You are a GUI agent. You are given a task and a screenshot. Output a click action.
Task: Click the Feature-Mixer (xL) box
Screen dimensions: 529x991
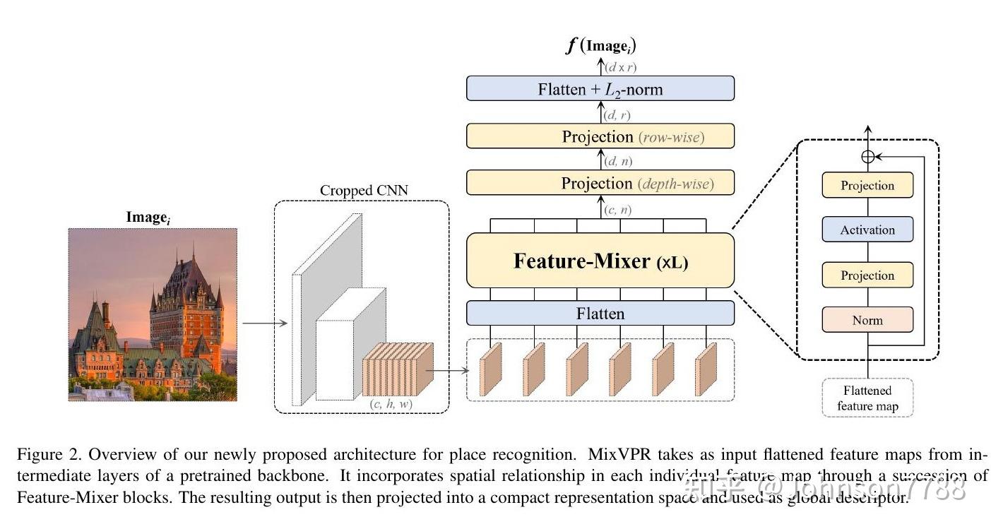point(600,261)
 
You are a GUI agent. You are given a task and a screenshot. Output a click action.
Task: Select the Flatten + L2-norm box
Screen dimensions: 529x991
point(600,89)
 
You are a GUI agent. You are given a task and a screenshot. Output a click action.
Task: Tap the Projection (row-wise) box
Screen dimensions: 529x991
point(600,136)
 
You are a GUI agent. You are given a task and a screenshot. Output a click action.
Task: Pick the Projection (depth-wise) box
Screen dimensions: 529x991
point(600,184)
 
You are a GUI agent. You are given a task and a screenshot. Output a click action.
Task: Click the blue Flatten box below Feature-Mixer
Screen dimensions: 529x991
point(600,313)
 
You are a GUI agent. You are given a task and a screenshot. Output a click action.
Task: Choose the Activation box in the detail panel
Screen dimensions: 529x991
point(867,230)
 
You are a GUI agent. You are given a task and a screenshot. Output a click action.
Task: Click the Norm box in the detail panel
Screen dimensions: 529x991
point(867,320)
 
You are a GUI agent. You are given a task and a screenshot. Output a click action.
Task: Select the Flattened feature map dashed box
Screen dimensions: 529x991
point(867,398)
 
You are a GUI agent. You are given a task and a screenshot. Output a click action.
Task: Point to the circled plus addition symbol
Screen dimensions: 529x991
point(868,157)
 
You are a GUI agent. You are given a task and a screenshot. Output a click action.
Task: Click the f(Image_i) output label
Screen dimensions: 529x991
point(600,47)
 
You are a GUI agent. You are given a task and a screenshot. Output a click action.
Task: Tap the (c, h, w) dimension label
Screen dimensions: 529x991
point(391,403)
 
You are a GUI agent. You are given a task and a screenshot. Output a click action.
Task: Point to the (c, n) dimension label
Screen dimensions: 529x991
point(619,210)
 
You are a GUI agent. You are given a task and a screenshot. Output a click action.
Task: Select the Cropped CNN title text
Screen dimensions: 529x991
point(364,191)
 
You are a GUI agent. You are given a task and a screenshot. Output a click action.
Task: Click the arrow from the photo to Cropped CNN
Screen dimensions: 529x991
point(264,323)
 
